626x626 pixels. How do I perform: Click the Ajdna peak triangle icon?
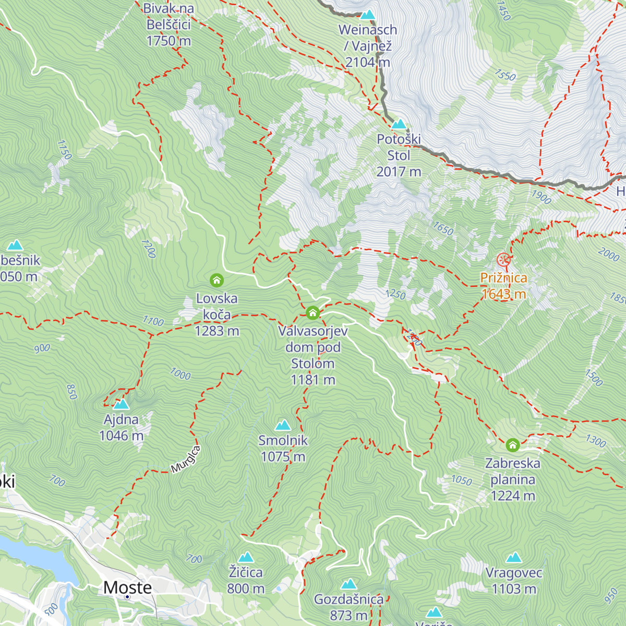[121, 404]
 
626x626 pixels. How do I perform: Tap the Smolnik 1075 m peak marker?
[283, 425]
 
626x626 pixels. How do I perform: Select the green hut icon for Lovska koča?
[216, 281]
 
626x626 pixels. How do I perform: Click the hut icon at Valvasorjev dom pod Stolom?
[312, 312]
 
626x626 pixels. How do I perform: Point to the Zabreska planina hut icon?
[513, 445]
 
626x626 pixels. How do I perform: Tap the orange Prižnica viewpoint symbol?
[503, 259]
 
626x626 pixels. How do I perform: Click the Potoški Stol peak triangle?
[399, 124]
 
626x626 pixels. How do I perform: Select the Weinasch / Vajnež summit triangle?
[368, 15]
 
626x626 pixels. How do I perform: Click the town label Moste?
[128, 587]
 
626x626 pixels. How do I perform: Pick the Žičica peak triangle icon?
[246, 557]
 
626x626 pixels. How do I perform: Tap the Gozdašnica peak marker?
[348, 584]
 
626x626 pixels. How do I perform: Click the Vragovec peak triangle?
[514, 558]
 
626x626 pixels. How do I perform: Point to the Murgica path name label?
[186, 460]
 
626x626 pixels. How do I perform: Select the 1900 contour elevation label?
[541, 197]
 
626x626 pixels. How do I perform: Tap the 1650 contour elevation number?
[443, 228]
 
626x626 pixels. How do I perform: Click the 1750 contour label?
[64, 150]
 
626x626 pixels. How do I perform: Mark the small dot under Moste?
[127, 597]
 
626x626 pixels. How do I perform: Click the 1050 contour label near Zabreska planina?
[462, 480]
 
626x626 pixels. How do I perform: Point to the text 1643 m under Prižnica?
[503, 294]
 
